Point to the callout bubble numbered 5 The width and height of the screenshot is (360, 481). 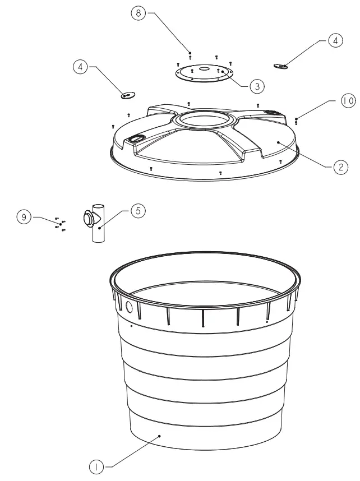tap(139, 210)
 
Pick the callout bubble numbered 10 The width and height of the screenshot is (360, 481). tap(348, 101)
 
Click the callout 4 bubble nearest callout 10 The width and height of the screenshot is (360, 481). tap(335, 41)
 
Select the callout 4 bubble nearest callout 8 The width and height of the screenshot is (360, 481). tap(81, 67)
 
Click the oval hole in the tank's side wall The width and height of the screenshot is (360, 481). tap(129, 307)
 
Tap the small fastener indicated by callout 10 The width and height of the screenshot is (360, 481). tap(296, 120)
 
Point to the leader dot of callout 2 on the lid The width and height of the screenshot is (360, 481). tap(279, 143)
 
